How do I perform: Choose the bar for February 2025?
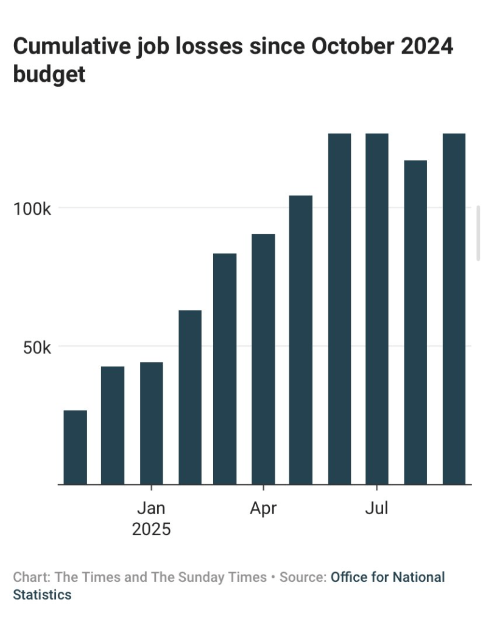(190, 397)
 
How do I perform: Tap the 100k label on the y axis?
(32, 209)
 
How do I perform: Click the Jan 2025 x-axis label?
(151, 518)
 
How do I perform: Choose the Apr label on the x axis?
(263, 508)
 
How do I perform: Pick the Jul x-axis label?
(376, 508)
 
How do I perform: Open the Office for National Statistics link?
(388, 577)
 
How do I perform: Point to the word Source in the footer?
(301, 577)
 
